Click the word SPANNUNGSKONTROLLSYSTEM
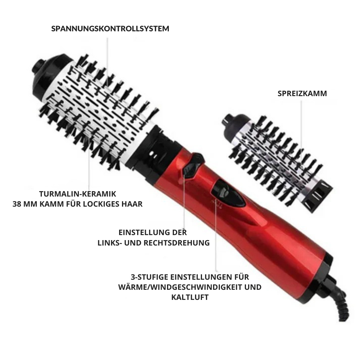(x=110, y=29)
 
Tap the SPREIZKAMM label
(x=302, y=94)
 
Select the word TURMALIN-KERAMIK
(x=78, y=194)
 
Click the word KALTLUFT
(x=190, y=297)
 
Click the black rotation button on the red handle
(x=193, y=166)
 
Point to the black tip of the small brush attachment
(x=233, y=123)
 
